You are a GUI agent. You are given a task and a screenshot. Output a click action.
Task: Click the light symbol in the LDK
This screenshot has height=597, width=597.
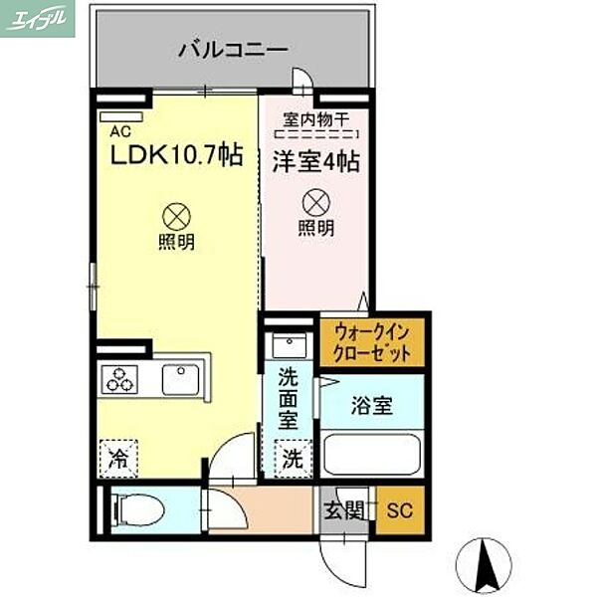coord(175,214)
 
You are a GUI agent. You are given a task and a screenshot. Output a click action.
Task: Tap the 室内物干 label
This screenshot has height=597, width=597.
coord(315,116)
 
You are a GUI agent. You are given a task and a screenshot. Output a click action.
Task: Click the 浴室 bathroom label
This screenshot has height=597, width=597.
coord(372,405)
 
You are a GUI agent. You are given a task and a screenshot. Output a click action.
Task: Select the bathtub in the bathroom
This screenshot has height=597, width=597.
coord(374,454)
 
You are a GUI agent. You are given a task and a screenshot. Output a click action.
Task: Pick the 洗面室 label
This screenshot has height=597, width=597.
coord(289,398)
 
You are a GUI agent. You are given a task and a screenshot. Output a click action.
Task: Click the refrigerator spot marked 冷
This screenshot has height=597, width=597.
coord(119,460)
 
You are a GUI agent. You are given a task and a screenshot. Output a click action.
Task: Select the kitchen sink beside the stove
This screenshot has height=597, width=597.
coord(182,379)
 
